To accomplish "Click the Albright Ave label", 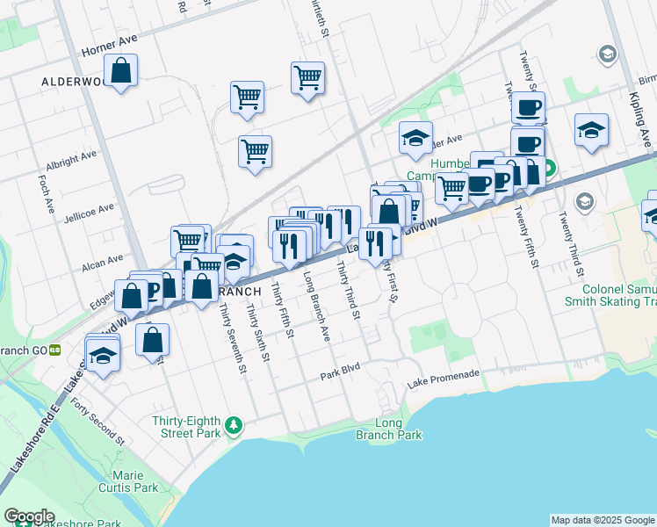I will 71,157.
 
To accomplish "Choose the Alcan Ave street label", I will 103,261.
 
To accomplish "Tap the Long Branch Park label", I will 388,429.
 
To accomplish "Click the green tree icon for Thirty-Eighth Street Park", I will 234,425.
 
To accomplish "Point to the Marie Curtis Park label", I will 127,481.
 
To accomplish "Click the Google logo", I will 29,516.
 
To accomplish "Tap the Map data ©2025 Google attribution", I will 603,520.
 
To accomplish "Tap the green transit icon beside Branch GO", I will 55,349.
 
